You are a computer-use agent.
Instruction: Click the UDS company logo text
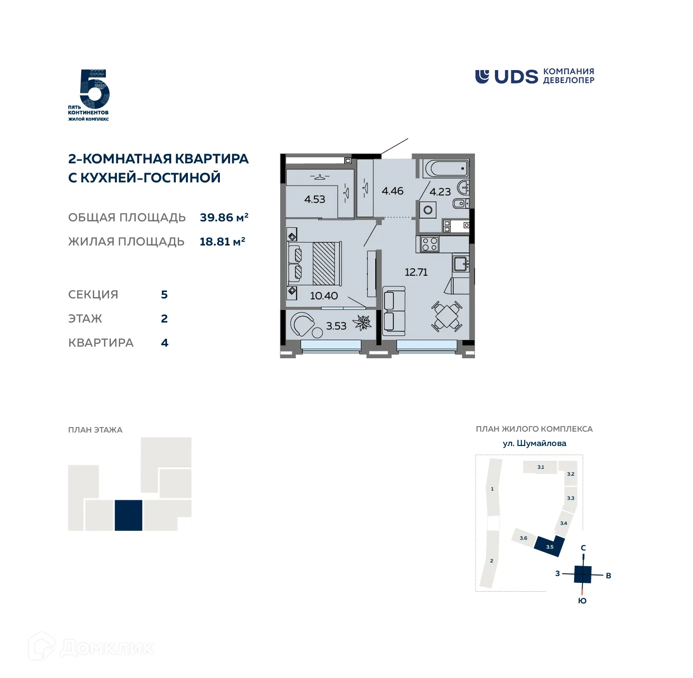point(515,77)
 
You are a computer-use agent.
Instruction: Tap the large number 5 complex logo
point(94,89)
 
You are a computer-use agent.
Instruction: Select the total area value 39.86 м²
point(224,218)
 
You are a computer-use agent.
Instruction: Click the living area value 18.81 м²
point(222,242)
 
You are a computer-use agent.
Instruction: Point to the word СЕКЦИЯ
point(93,295)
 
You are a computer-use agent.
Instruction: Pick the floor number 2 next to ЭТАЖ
point(164,319)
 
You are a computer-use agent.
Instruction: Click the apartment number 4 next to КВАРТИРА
point(164,343)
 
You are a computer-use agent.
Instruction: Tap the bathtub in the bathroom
point(446,168)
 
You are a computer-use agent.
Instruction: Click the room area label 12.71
point(416,272)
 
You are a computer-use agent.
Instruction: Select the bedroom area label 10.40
point(324,296)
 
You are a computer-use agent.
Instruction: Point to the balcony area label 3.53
point(336,326)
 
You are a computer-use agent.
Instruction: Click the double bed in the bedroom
point(315,264)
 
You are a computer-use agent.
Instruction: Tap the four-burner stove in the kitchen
point(430,244)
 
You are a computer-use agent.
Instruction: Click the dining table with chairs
point(447,316)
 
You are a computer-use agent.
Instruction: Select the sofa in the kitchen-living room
point(394,311)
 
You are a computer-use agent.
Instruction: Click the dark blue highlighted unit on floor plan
point(128,515)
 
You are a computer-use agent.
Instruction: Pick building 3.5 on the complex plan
point(550,546)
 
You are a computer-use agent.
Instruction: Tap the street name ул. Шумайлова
point(534,443)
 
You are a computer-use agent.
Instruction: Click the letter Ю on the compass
point(582,601)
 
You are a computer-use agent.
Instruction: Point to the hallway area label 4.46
point(392,191)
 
